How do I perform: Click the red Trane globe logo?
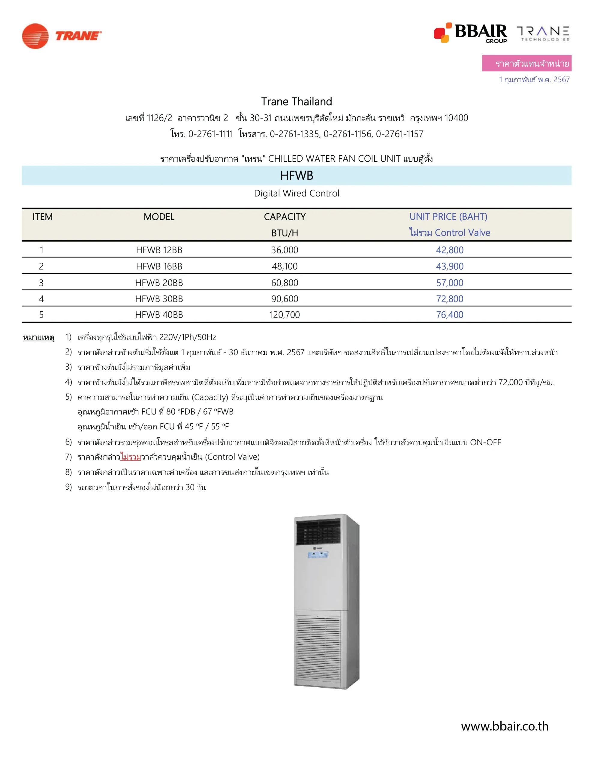pos(35,36)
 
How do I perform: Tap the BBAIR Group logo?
pos(470,33)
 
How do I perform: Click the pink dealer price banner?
pos(526,63)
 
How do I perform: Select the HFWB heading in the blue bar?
pos(297,175)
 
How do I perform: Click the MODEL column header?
pos(159,217)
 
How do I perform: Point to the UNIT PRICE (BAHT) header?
pos(448,217)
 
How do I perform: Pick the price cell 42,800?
pos(450,250)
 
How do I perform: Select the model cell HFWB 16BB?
pos(159,266)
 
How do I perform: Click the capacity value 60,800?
pos(285,283)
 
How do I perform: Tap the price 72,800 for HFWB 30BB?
pos(450,299)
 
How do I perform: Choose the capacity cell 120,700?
pos(285,315)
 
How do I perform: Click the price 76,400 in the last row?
pos(450,315)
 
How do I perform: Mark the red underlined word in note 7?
pos(131,457)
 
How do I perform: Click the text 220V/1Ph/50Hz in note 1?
pos(188,337)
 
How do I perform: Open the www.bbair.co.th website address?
pos(505,727)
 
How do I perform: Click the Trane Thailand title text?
pos(297,102)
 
